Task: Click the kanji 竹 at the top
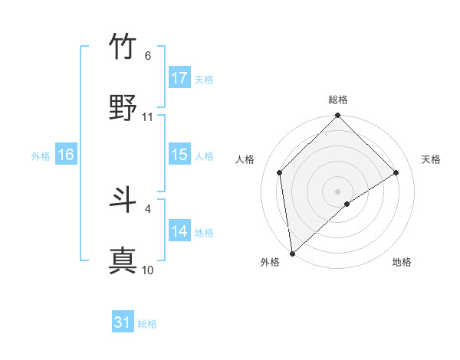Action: [x=123, y=47]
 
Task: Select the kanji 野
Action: [x=123, y=108]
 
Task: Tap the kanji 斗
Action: [x=123, y=200]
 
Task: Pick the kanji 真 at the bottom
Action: [x=123, y=261]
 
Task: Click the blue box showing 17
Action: [x=179, y=78]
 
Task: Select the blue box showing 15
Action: [x=179, y=155]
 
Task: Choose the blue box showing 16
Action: [x=66, y=155]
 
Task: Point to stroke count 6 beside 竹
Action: [x=148, y=56]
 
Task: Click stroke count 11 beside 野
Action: [x=148, y=117]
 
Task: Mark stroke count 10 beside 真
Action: [x=148, y=270]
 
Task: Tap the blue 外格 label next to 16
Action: [x=41, y=155]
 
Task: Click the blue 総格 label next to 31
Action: [x=147, y=324]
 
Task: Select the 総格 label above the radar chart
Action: [x=338, y=100]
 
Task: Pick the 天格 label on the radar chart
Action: [x=432, y=159]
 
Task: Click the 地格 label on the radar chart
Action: [x=402, y=263]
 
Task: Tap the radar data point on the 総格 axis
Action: [x=337, y=116]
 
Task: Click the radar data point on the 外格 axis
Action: [x=292, y=254]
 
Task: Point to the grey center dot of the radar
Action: [x=337, y=191]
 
